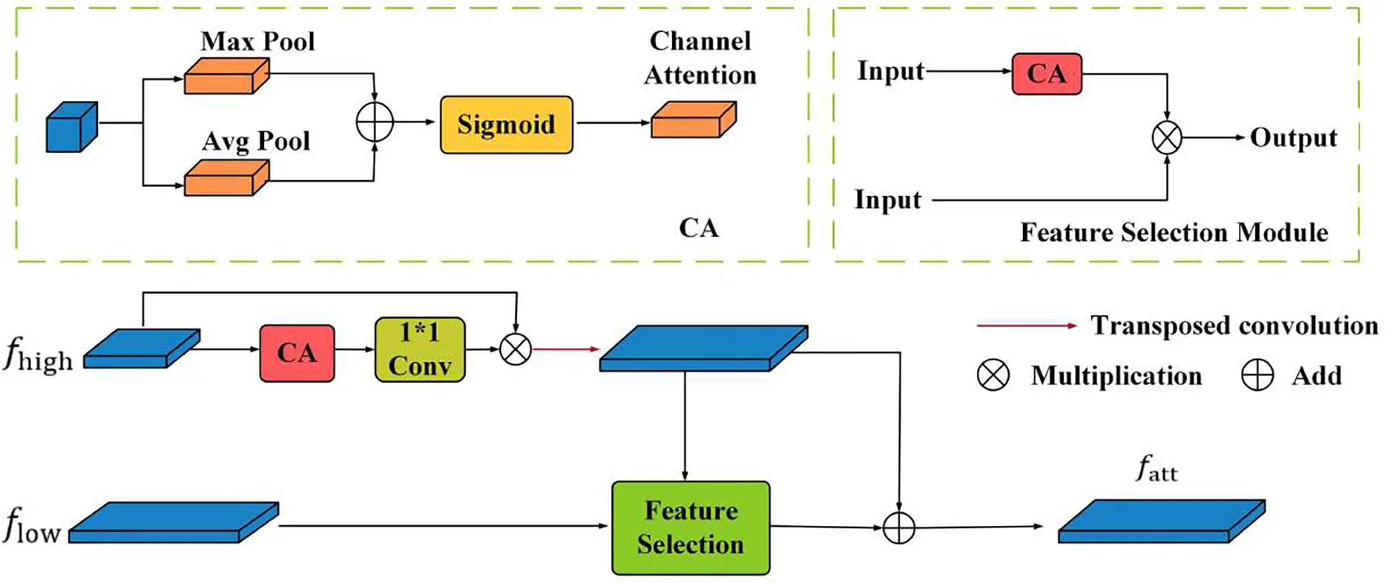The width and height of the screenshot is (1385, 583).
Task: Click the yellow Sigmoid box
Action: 506,125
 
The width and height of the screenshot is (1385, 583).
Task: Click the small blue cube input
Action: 71,128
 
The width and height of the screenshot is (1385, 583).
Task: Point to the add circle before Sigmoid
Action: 375,122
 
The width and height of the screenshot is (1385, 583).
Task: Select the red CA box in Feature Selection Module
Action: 1047,73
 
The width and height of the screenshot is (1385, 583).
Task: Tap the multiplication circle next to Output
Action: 1167,138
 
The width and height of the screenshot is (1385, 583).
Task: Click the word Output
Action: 1293,138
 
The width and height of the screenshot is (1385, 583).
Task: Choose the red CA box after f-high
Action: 297,353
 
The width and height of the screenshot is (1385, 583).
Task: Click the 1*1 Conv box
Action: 420,349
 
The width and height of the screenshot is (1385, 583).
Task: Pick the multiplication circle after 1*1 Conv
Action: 516,349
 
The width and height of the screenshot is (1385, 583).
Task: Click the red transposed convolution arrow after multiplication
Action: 565,349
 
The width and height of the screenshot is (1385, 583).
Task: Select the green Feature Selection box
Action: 691,527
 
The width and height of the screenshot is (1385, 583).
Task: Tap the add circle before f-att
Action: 899,527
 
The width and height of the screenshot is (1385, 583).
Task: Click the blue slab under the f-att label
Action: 1161,521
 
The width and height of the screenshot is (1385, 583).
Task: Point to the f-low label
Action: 31,525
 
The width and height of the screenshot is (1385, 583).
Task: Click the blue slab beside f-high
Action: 141,349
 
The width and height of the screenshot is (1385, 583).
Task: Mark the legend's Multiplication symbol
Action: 993,375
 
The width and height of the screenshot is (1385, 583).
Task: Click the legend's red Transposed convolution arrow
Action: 1027,326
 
